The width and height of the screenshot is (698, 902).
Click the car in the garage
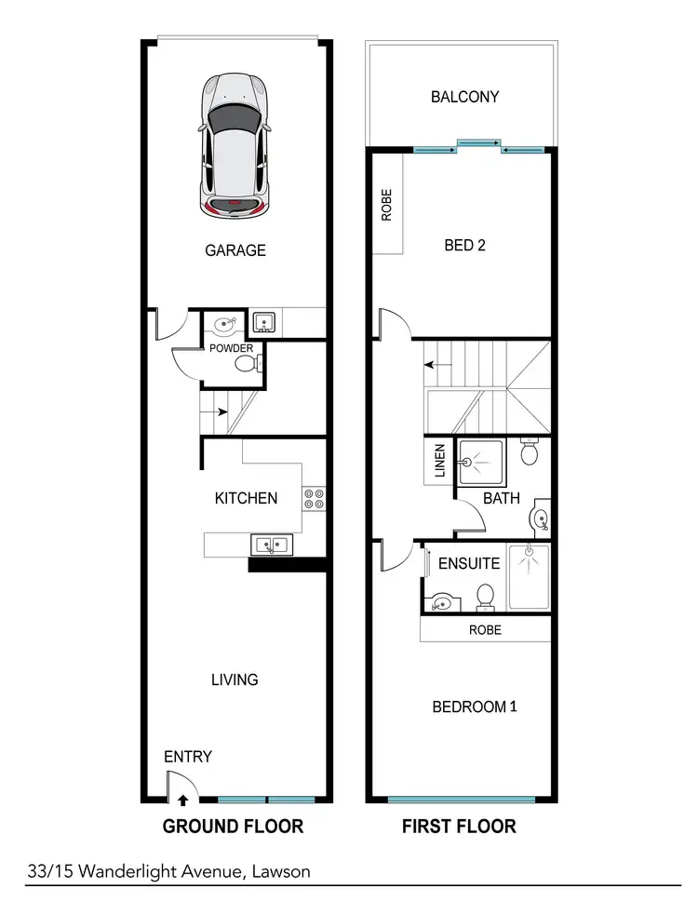click(x=235, y=146)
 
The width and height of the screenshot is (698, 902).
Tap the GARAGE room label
click(x=235, y=250)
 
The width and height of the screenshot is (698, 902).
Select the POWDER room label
click(x=231, y=348)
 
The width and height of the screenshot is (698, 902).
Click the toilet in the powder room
click(x=248, y=365)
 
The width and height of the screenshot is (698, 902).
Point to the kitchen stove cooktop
click(x=314, y=498)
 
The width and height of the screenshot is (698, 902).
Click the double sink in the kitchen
click(x=271, y=545)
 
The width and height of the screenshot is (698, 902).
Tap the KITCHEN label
click(x=246, y=498)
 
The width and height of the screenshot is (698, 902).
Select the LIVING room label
click(x=235, y=680)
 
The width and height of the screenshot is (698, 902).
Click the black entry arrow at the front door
click(x=182, y=798)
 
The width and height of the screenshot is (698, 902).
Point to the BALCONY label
click(x=464, y=97)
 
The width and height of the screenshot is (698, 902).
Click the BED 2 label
click(x=465, y=246)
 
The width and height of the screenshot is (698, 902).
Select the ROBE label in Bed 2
click(x=387, y=205)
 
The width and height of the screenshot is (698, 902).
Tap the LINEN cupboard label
click(x=440, y=460)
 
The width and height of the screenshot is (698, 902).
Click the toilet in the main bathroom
click(x=530, y=454)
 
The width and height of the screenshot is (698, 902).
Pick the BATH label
click(x=501, y=499)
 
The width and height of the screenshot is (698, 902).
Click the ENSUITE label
click(x=469, y=563)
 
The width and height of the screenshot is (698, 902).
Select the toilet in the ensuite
click(x=485, y=596)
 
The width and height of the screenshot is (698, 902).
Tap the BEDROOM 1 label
click(x=475, y=707)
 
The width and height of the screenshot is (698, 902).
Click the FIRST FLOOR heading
click(x=458, y=826)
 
